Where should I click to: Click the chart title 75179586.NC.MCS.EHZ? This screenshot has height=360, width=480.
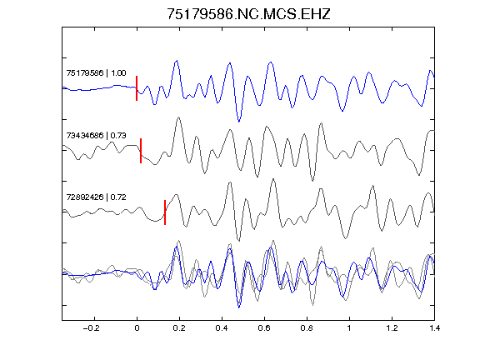248,14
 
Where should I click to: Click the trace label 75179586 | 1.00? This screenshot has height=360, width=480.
96,73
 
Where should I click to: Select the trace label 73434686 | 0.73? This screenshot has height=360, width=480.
96,135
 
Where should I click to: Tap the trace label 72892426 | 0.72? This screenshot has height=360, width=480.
96,197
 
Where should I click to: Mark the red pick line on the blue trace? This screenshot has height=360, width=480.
137,88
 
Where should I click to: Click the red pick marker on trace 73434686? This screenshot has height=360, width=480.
141,151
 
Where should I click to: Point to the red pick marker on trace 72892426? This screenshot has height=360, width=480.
165,212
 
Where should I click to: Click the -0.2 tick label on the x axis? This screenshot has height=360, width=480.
92,328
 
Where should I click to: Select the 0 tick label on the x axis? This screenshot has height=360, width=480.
137,328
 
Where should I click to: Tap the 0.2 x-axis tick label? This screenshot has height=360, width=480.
179,328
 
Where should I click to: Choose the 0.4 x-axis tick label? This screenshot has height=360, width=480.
222,328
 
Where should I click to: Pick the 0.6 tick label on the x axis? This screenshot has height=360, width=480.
264,328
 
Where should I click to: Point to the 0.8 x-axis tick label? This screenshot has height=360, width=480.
307,328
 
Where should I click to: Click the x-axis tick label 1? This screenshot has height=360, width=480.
349,328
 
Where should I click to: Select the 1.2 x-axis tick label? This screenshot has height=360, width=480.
392,328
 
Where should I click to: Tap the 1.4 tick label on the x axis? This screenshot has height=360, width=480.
434,328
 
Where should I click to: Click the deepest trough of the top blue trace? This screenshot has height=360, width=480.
239,122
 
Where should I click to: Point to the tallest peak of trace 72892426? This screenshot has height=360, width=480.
273,179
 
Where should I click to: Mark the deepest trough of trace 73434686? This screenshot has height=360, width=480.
312,181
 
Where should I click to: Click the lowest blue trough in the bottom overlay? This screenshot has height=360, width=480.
239,307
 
